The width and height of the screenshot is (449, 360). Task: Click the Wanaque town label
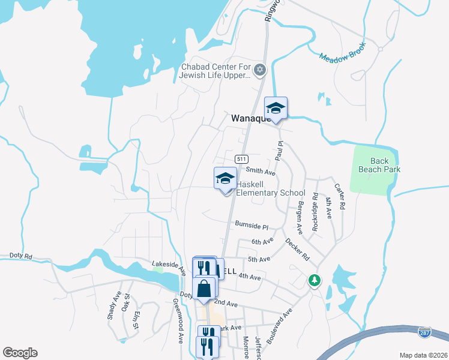252,119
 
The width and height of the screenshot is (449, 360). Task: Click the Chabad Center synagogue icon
260,70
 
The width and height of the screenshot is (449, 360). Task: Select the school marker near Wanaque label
276,109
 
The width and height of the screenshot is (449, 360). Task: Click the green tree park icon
313,280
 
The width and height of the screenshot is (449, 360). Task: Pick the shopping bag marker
204,288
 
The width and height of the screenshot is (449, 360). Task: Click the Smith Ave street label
260,172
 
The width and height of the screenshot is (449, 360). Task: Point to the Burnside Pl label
251,226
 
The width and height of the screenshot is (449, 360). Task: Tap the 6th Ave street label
262,241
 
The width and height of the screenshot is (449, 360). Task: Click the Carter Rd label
342,196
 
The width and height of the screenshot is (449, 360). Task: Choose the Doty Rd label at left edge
20,256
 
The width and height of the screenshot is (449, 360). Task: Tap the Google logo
20,353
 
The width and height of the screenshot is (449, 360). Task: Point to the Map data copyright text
423,355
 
